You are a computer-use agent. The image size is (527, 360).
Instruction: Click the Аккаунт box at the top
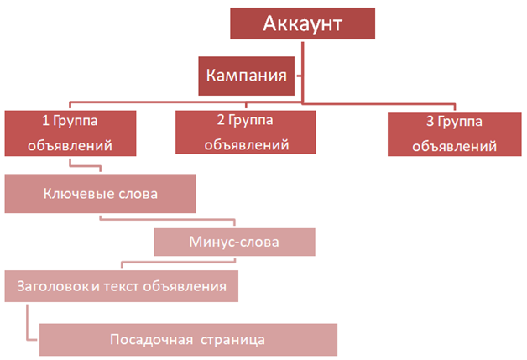(x=302, y=23)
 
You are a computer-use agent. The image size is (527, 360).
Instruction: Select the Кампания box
(x=243, y=76)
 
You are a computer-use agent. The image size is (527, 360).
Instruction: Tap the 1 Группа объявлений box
(x=70, y=133)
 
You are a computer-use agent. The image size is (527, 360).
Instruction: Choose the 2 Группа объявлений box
(x=246, y=133)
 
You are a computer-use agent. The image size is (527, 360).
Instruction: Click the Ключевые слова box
(x=100, y=194)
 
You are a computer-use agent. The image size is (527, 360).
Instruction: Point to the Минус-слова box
(x=234, y=243)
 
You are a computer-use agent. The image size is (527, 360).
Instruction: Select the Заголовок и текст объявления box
(x=121, y=286)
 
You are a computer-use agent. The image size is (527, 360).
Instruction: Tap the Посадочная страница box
(x=188, y=339)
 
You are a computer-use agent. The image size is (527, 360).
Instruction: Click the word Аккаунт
(x=302, y=23)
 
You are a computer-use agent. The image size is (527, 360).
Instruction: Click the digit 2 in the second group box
(x=220, y=122)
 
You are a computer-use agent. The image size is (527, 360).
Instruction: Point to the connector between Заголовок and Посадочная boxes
(x=29, y=323)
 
